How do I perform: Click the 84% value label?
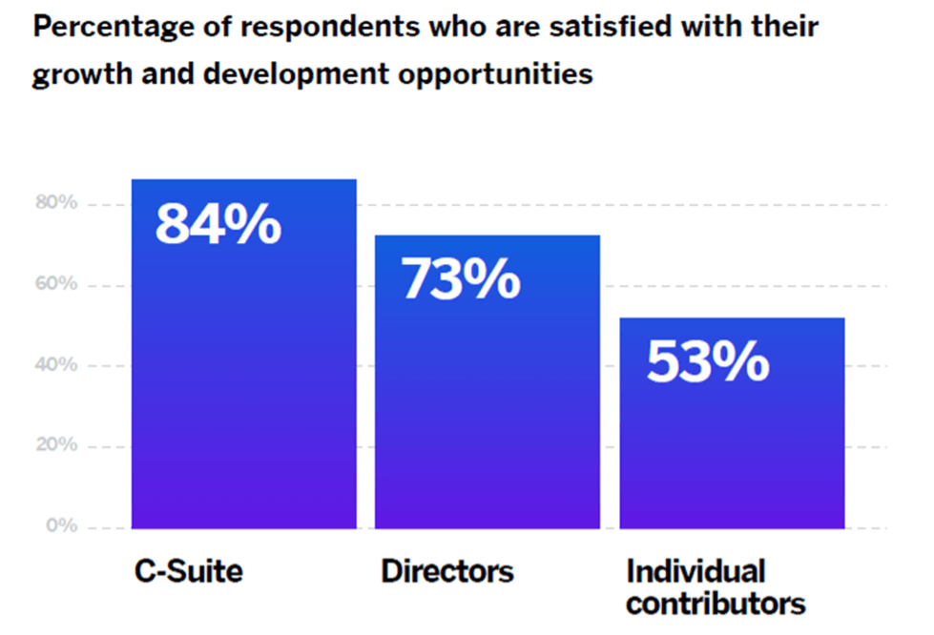tap(218, 225)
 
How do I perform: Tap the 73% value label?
tap(461, 279)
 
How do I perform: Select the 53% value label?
tap(708, 361)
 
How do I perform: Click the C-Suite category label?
tap(187, 571)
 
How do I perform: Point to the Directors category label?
tap(447, 571)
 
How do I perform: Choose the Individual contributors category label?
tap(715, 586)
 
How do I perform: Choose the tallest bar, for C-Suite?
tap(243, 381)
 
